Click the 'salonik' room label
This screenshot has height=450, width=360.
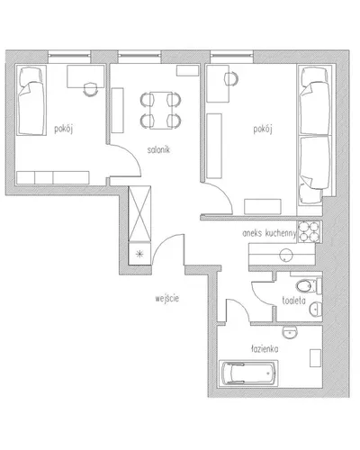point(158,149)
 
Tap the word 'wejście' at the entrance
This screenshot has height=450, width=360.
point(167,299)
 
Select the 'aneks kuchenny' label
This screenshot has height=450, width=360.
point(269,233)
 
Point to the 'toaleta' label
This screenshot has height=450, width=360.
point(293,301)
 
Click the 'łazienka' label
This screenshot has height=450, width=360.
point(265,349)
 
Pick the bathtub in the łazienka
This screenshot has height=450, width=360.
point(248,373)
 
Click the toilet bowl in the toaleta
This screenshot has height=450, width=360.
point(305,286)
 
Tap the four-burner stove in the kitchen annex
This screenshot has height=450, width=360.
point(310,232)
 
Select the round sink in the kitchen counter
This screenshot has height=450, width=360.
point(286,255)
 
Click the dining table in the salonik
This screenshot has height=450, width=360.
point(160,110)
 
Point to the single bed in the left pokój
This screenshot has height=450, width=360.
point(31,100)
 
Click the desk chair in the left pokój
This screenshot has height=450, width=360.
point(90,89)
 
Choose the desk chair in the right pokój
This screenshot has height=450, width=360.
point(232,79)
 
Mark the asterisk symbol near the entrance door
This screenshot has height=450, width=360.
point(139,255)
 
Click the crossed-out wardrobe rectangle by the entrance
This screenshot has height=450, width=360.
point(139,213)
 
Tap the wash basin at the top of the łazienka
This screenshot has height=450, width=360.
point(290,332)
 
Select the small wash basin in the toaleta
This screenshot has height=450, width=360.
point(316,309)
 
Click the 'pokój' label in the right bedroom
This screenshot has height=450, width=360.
point(263,130)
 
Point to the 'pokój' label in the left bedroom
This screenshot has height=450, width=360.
point(64,130)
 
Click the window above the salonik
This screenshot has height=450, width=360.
point(139,56)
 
